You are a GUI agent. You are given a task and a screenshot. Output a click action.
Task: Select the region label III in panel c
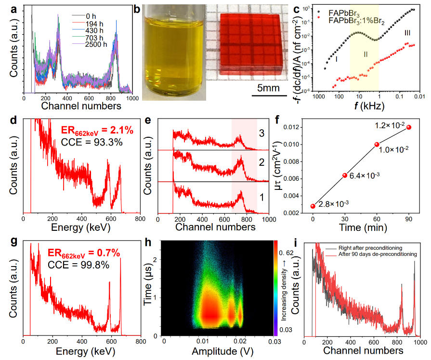coord(407,33)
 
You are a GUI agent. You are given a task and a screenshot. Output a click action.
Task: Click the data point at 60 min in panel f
coord(377,144)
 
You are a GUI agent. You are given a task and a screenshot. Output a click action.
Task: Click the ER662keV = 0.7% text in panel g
coord(83,253)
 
